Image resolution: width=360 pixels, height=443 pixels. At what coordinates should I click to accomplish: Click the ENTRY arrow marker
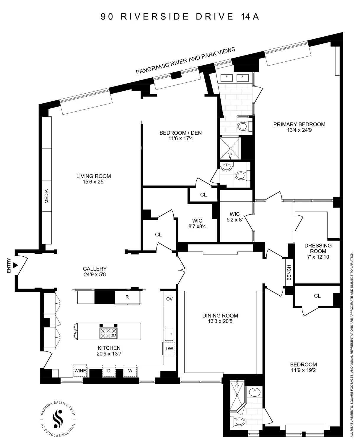tap(16, 265)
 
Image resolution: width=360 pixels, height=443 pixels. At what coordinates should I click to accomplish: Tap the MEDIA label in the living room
tap(46, 196)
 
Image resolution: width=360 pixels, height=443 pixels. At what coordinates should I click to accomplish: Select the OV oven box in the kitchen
tap(169, 299)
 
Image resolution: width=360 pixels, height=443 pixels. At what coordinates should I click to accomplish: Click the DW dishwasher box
tap(169, 348)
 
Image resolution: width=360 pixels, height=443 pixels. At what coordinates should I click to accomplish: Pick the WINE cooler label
tap(80, 371)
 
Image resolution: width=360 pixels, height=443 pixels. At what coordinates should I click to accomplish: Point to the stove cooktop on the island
tap(108, 333)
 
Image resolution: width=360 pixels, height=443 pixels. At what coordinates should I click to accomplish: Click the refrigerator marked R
tap(127, 297)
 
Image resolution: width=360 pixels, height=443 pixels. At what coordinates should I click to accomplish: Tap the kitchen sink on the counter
tap(169, 334)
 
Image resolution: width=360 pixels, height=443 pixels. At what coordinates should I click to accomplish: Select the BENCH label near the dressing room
tap(289, 272)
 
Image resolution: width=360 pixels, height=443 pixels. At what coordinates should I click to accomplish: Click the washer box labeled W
tap(130, 371)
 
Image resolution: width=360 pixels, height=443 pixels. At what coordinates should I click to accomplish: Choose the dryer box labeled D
tap(109, 371)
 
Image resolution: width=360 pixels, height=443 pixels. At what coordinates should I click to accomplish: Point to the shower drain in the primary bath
tap(230, 154)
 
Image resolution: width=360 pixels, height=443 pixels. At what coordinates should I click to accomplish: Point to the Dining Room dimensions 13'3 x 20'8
tap(220, 321)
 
